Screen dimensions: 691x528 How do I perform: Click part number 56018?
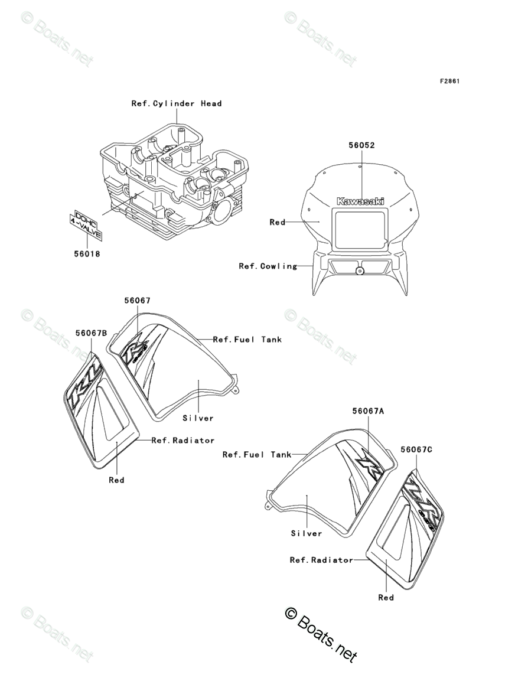(87, 255)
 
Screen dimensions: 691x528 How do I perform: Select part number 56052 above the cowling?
(361, 145)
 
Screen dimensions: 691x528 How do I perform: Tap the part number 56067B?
(92, 333)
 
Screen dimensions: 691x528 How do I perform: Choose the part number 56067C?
(416, 449)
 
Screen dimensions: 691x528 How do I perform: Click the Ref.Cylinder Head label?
(177, 104)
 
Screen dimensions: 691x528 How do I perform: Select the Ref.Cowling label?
(268, 266)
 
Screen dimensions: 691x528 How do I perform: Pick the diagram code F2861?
(449, 81)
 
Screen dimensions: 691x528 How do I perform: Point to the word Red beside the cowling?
(277, 223)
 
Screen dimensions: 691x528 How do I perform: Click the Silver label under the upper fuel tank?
(198, 418)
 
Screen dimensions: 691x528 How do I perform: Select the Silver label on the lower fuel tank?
(307, 533)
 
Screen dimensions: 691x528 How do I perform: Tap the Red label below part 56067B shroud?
(116, 480)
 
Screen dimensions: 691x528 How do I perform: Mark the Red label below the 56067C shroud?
(386, 598)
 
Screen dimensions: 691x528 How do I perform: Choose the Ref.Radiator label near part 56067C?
(321, 560)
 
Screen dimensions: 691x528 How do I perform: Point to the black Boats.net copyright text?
(321, 635)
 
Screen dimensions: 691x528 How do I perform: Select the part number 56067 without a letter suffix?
(137, 301)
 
